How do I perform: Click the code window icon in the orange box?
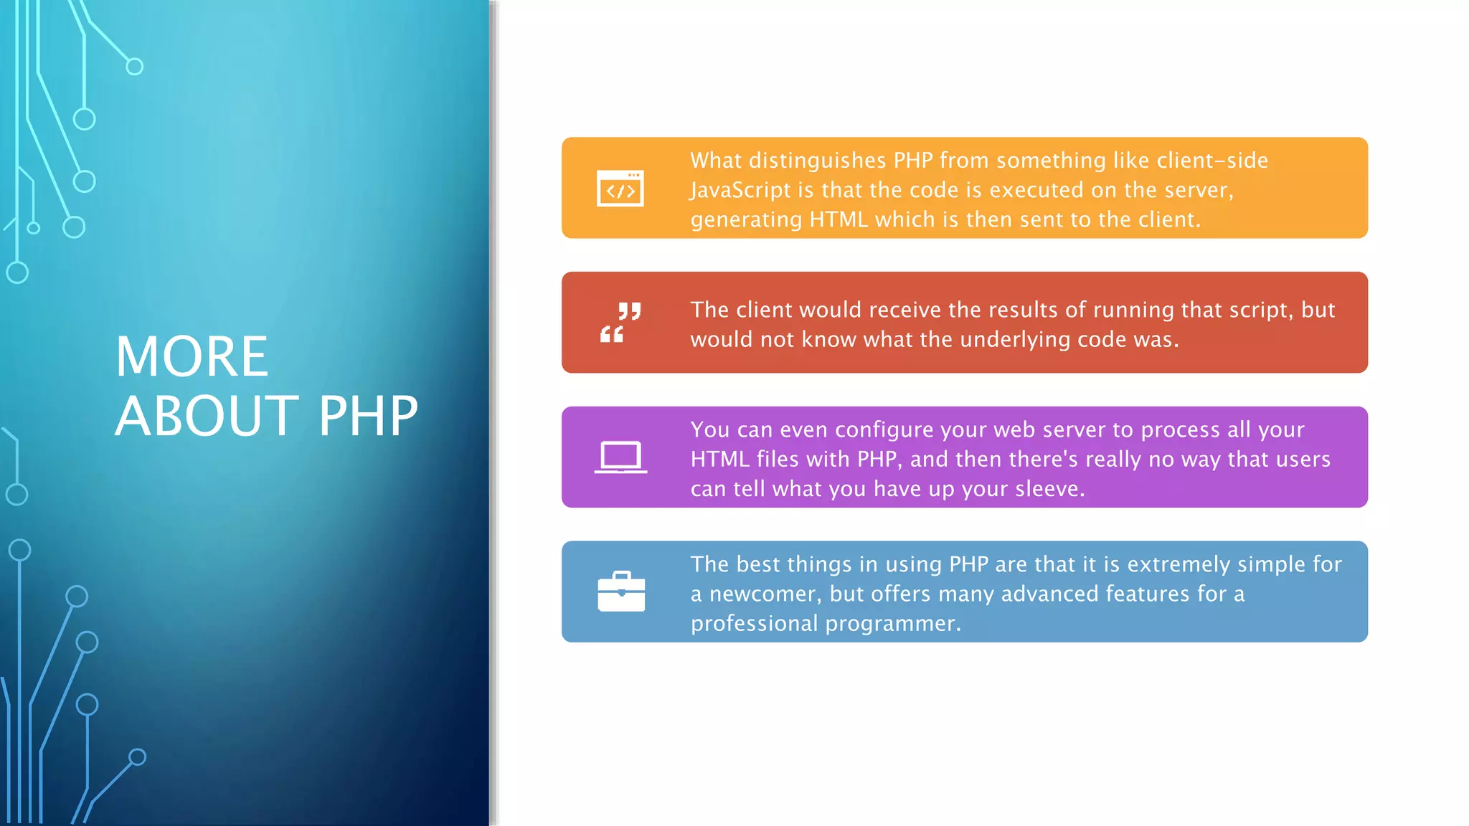point(620,189)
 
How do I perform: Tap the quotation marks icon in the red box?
point(620,323)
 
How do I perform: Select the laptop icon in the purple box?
point(620,457)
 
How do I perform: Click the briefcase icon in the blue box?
point(621,592)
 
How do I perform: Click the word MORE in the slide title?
point(192,357)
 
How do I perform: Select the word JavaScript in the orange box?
point(740,190)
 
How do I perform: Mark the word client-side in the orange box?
point(1212,161)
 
